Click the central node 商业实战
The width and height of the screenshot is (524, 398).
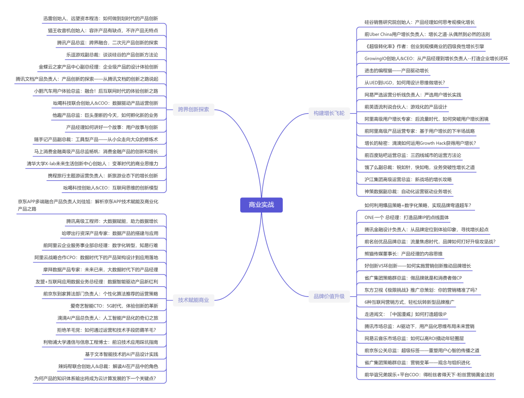(261, 205)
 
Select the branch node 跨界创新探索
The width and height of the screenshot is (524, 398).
(193, 109)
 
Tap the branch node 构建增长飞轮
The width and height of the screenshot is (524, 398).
(328, 113)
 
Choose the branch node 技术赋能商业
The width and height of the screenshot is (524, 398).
(193, 300)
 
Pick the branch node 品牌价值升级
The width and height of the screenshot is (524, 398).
(328, 296)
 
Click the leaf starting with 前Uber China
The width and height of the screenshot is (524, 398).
(427, 35)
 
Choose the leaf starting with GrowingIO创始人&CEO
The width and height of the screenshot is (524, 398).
(436, 59)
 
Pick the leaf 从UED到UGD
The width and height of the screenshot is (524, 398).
(404, 83)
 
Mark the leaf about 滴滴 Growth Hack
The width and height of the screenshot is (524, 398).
(420, 143)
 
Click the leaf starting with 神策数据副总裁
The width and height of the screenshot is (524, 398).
(408, 191)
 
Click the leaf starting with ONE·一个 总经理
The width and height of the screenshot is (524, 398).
(407, 217)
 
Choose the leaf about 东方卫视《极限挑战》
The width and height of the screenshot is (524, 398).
(421, 290)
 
